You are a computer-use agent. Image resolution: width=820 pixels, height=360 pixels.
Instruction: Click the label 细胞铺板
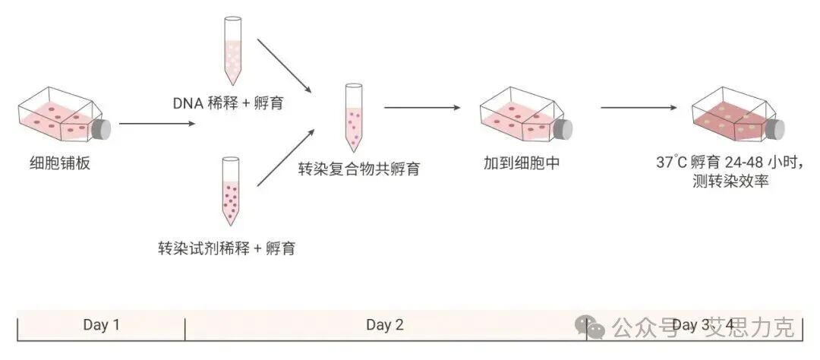[54, 163]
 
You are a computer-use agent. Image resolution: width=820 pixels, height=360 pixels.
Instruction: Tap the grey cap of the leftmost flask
[101, 129]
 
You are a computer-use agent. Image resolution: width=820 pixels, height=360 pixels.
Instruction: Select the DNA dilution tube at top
[232, 49]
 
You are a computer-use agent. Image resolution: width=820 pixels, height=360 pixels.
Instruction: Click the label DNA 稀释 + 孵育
[227, 103]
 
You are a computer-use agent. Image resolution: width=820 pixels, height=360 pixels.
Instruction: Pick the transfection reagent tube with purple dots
[231, 191]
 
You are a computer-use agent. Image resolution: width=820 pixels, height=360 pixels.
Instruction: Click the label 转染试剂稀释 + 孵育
[226, 248]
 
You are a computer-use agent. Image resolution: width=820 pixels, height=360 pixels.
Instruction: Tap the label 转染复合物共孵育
[358, 169]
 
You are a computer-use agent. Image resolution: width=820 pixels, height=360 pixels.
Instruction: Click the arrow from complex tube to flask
[422, 107]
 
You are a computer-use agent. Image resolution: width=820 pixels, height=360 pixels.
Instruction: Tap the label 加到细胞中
[522, 163]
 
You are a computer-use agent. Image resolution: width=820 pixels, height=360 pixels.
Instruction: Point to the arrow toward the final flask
[638, 107]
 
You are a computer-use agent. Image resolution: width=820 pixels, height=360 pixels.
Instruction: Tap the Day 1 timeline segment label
[101, 325]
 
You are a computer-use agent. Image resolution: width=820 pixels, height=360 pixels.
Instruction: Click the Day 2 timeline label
[384, 325]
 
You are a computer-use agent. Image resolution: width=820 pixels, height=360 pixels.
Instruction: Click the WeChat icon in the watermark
[590, 327]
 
